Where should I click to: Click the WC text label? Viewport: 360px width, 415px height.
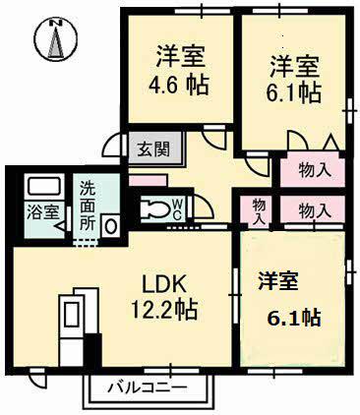click(x=177, y=208)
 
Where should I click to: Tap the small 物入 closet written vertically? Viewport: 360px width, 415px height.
click(x=257, y=210)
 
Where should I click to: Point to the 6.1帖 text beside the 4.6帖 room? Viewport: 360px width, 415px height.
click(x=296, y=93)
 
